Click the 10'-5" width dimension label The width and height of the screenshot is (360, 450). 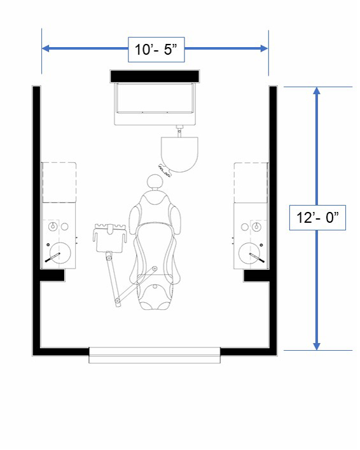click(156, 48)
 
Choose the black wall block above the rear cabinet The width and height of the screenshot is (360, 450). click(155, 75)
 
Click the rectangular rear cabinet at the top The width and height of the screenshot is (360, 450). click(155, 102)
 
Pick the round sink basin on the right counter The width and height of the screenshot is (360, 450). click(250, 253)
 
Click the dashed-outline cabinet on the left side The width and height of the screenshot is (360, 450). click(59, 182)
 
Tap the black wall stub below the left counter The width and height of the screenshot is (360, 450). click(52, 276)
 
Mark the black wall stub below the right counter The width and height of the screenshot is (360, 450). click(257, 276)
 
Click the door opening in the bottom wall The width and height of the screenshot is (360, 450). click(154, 355)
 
